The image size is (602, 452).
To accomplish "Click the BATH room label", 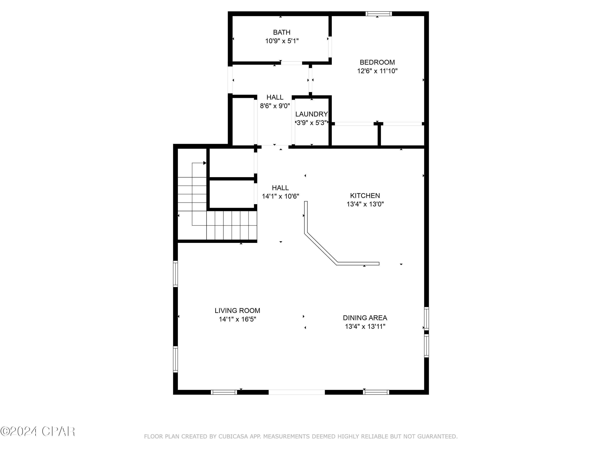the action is click(282, 32).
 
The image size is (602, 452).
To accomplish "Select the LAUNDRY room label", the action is click(312, 114).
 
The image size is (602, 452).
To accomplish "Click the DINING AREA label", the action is click(365, 318).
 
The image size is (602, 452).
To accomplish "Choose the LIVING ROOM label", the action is click(237, 311).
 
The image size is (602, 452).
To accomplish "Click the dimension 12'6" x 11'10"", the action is click(377, 71).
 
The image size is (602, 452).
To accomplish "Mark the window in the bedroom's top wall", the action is click(379, 14).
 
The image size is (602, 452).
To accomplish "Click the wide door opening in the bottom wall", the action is click(297, 392).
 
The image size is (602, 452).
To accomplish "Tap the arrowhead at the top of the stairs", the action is click(205, 163).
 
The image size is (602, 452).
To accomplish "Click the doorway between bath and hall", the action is click(292, 63).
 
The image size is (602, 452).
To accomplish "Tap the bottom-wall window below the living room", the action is click(224, 392).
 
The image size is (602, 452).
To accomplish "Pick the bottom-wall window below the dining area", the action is click(376, 392).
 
